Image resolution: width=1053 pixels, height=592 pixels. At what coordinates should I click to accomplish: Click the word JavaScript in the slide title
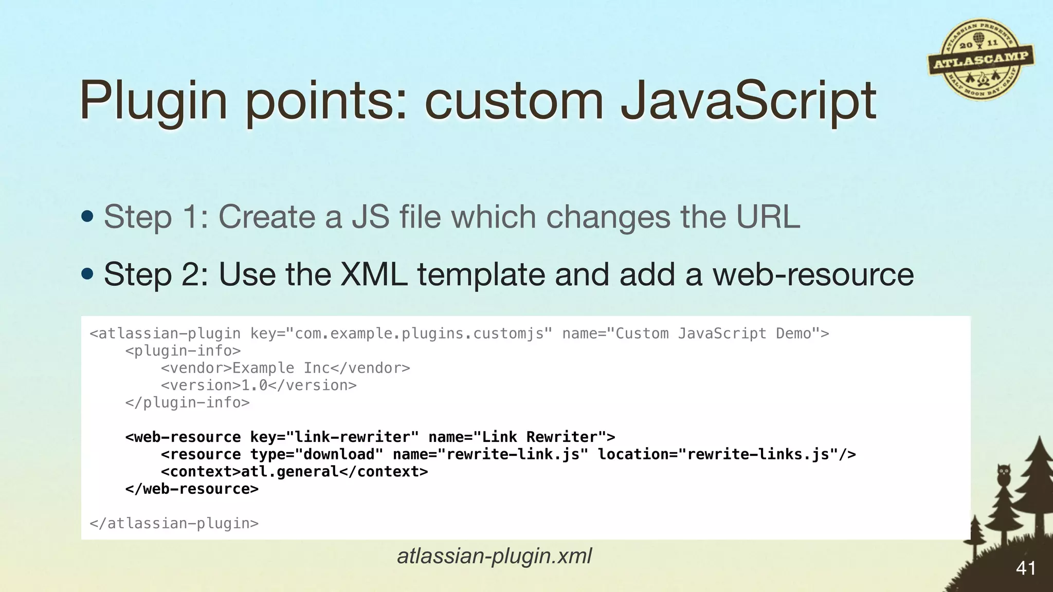click(x=748, y=101)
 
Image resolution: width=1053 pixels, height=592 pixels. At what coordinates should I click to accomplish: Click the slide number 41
click(x=1025, y=568)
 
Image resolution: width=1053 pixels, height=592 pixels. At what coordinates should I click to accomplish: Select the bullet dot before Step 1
click(x=87, y=216)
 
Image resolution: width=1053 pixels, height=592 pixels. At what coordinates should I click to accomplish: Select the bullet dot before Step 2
click(x=87, y=273)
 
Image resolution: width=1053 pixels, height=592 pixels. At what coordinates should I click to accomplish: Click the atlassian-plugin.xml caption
click(x=494, y=556)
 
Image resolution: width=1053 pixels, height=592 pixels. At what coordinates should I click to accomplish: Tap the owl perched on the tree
click(x=1003, y=475)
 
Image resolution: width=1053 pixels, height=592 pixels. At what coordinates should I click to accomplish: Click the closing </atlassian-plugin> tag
click(x=174, y=523)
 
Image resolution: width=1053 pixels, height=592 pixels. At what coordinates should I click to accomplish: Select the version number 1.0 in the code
click(x=255, y=385)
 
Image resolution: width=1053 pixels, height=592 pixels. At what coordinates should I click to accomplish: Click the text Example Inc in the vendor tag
click(x=281, y=368)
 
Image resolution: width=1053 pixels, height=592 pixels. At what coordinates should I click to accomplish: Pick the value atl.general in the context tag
click(x=290, y=472)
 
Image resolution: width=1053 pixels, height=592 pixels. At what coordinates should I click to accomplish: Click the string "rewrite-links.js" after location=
click(x=758, y=454)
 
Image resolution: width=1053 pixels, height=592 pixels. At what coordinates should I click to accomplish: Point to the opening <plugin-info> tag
click(x=183, y=351)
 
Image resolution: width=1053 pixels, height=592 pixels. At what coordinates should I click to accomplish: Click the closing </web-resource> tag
click(x=192, y=489)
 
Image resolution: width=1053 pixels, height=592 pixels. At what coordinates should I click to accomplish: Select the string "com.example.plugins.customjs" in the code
click(x=419, y=334)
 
